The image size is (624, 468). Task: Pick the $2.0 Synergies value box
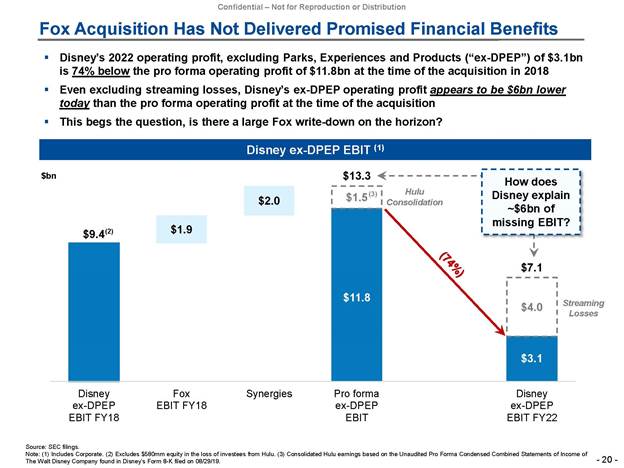269,201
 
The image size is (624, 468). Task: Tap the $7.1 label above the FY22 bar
531,267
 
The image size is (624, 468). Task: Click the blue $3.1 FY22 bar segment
531,357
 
